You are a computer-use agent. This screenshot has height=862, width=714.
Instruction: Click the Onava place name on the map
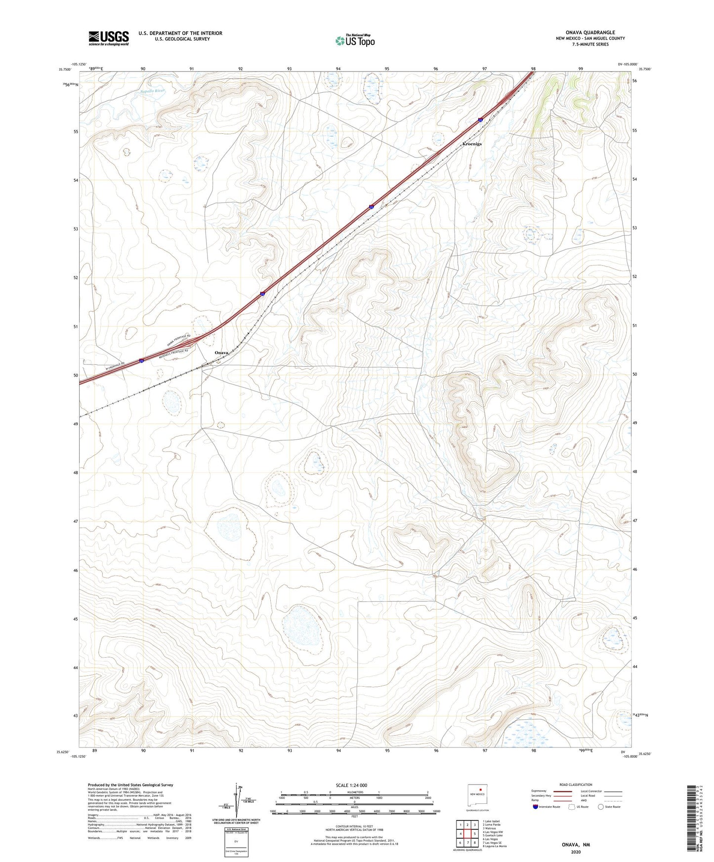[x=221, y=353]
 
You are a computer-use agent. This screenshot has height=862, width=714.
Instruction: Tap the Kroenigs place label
[x=471, y=144]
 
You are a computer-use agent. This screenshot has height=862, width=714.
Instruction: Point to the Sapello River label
[x=152, y=91]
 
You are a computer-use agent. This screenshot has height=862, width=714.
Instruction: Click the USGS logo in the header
[x=109, y=38]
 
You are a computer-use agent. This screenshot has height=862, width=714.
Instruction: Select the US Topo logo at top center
[x=355, y=40]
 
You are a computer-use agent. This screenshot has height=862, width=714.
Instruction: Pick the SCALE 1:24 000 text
[x=351, y=785]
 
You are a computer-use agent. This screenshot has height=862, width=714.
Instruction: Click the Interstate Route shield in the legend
[x=536, y=807]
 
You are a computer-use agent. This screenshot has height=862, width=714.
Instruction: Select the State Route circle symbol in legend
[x=601, y=807]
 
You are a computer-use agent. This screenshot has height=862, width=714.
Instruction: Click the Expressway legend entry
[x=539, y=791]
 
